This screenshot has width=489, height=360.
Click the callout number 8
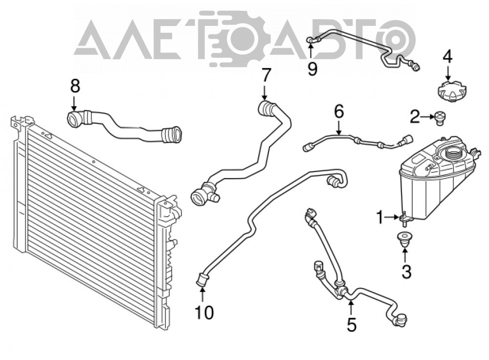[75, 86]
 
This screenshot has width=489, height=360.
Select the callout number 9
[312, 68]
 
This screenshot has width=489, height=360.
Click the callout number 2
[415, 117]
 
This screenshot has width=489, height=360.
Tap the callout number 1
[380, 218]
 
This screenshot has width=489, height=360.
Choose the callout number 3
[406, 271]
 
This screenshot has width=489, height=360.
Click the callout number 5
[352, 324]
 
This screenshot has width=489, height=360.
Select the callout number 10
[204, 312]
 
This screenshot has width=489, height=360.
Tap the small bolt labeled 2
[440, 118]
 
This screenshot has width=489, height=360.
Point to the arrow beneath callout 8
[74, 103]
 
